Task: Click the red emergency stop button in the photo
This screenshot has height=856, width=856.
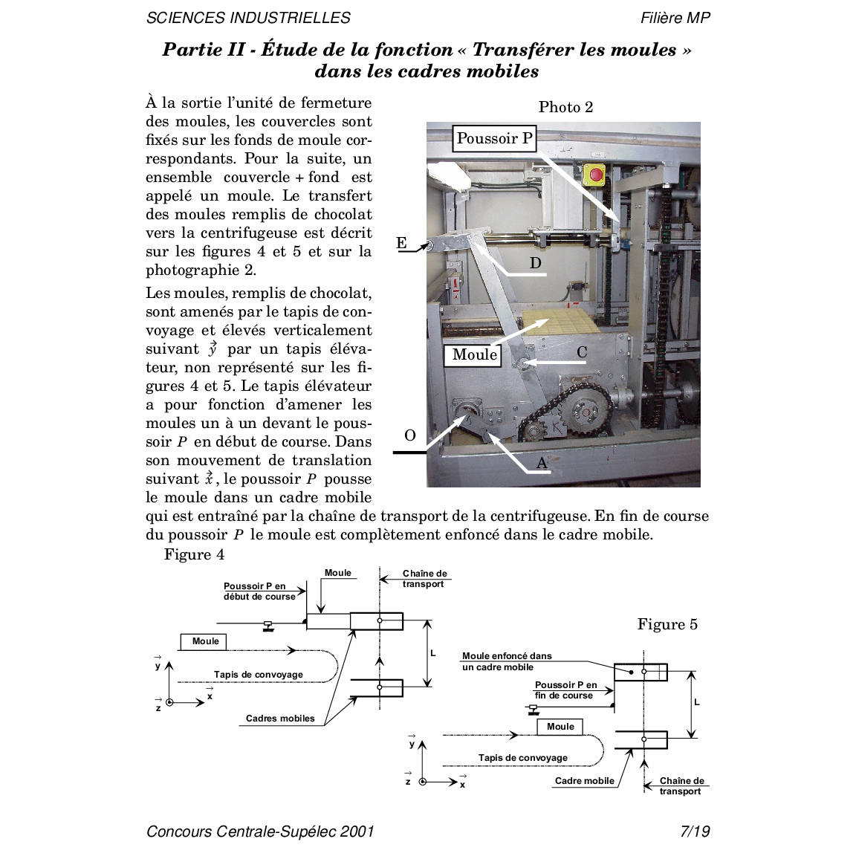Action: [595, 175]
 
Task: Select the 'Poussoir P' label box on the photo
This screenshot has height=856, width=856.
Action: [494, 139]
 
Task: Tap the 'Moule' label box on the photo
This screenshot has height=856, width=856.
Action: [474, 355]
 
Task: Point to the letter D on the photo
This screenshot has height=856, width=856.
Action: [535, 263]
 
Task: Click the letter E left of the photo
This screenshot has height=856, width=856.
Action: [401, 243]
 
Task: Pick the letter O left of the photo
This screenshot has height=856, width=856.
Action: [409, 435]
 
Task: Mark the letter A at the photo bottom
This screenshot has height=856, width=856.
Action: [542, 464]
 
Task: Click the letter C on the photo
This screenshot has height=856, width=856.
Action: [581, 352]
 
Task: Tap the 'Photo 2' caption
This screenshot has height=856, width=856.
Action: [565, 107]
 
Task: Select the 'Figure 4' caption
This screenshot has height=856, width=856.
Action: [194, 554]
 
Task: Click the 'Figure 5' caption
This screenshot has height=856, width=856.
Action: [667, 624]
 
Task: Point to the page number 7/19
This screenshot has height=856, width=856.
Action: [695, 831]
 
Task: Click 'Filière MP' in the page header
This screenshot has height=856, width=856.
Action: [675, 18]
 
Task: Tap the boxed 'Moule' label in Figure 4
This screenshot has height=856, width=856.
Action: [204, 641]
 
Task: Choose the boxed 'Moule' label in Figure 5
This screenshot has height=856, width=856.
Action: [560, 727]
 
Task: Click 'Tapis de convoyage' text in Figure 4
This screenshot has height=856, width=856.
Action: [258, 675]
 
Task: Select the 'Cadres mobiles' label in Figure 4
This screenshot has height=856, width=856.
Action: [280, 719]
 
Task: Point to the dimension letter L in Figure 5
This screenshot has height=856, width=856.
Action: [696, 702]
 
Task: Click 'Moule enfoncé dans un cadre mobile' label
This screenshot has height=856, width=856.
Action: [506, 661]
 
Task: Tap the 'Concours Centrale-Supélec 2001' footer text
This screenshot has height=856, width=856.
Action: [260, 831]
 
